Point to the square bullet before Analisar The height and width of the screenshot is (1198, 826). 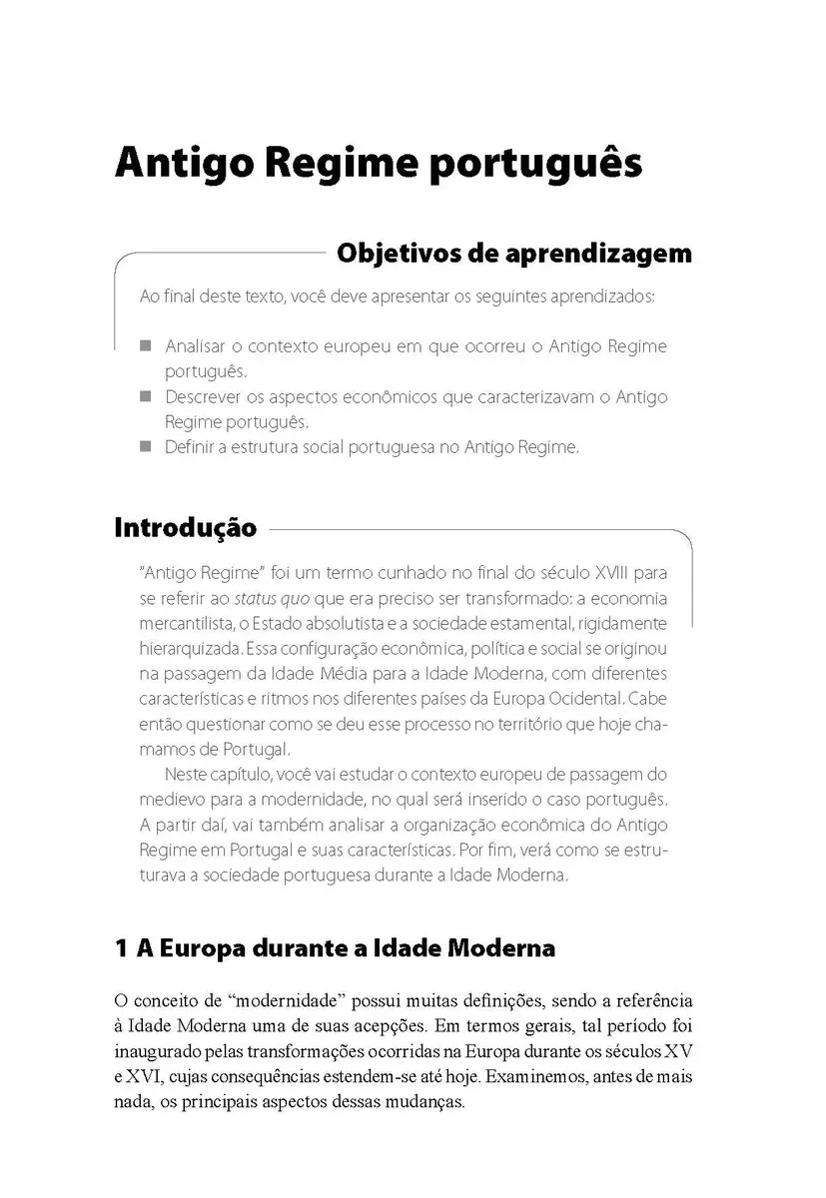coord(146,346)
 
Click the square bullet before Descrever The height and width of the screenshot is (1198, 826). coord(146,396)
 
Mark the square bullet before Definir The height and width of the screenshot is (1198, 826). coord(146,446)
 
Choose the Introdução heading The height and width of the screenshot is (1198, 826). coord(186,527)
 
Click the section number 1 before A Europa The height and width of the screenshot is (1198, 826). coord(122,947)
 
